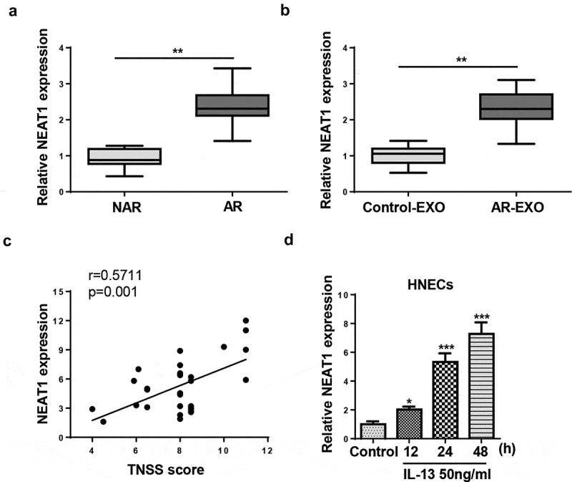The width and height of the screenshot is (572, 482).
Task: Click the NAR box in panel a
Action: point(114,156)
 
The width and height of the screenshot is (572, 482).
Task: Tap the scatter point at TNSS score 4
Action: point(92,409)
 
